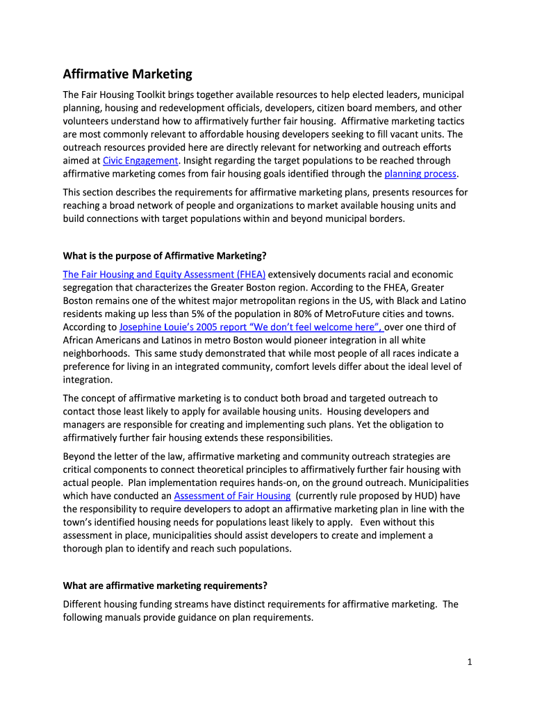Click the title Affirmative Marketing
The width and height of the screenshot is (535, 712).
coord(127,74)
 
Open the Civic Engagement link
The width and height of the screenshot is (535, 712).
coord(140,161)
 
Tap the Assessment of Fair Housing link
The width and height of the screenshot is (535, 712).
coord(232,496)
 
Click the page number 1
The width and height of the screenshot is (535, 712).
coord(470,662)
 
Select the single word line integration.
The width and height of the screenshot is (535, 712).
coord(88,380)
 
